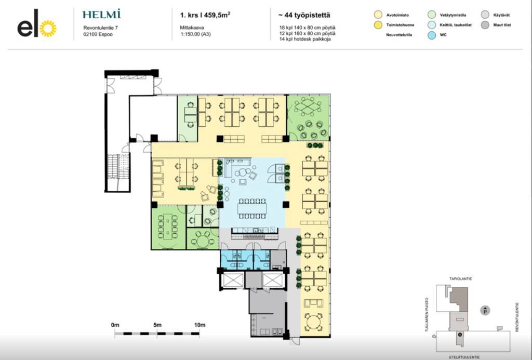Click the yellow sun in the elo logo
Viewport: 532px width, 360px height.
(48, 29)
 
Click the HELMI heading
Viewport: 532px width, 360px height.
(101, 14)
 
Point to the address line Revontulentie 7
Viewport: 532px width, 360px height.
(100, 28)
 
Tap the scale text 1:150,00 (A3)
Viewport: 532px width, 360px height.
(195, 34)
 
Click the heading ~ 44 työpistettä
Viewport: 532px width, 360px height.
(304, 15)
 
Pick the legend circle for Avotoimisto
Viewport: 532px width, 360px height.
(378, 15)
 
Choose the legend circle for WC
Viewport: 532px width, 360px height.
(432, 35)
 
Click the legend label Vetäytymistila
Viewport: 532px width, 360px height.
(453, 15)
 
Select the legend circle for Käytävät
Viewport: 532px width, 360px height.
(485, 15)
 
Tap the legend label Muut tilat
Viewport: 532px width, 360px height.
(502, 25)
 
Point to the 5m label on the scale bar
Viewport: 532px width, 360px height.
(157, 325)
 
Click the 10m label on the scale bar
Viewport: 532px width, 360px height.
(200, 325)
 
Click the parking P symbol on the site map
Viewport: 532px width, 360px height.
(485, 310)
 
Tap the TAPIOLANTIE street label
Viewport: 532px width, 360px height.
(460, 279)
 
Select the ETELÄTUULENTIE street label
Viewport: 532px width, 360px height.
(464, 357)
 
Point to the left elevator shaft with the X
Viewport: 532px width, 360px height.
(232, 281)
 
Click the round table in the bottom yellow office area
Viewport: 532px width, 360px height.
(313, 322)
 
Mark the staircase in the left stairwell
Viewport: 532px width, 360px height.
(119, 167)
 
